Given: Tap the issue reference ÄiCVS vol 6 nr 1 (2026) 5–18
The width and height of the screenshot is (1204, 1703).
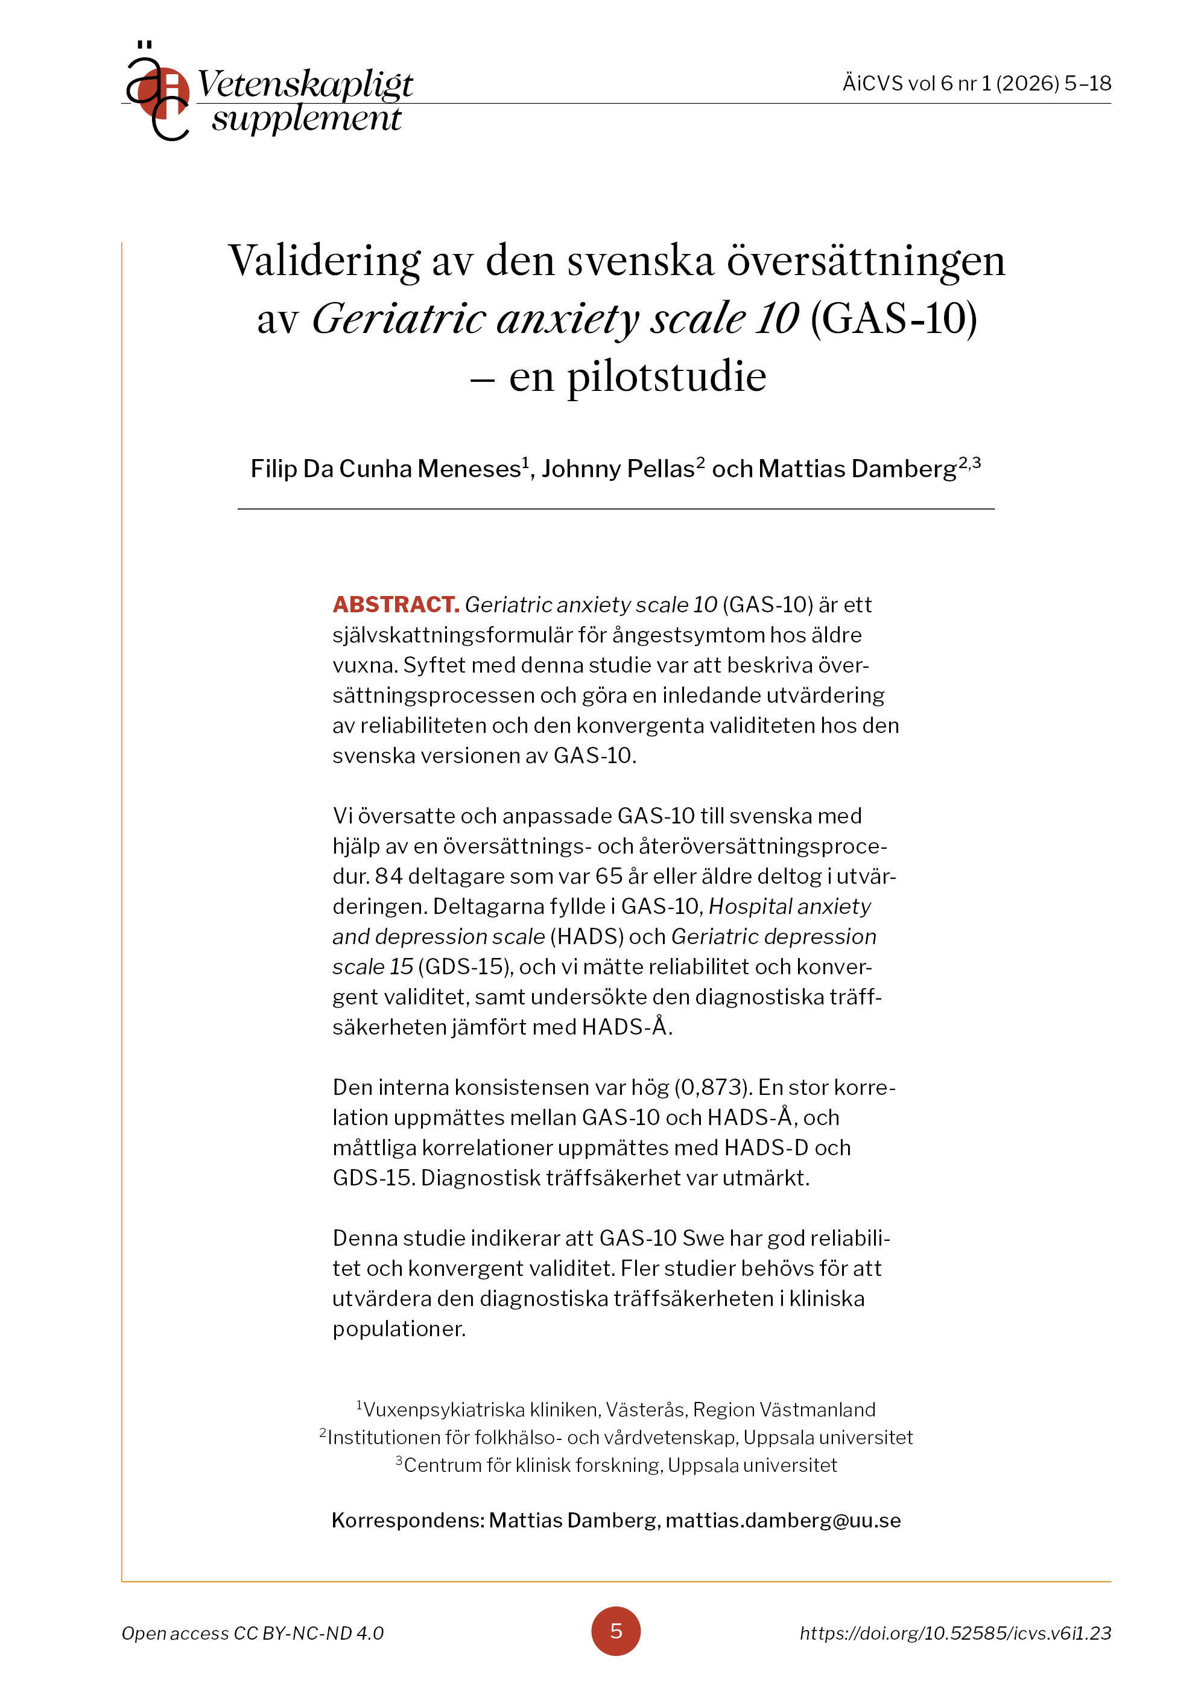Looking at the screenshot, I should [x=976, y=83].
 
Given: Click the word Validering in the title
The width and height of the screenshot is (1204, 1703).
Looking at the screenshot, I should [x=324, y=261].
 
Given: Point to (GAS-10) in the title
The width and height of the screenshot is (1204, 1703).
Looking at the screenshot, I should [x=893, y=319].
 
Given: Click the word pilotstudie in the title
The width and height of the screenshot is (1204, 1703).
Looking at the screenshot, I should [x=666, y=377].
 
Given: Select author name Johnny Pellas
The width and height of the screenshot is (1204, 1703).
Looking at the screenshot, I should [x=617, y=469].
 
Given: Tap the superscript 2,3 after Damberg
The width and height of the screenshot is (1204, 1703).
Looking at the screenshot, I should [x=969, y=463].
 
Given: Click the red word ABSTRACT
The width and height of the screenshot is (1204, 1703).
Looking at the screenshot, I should [x=395, y=604].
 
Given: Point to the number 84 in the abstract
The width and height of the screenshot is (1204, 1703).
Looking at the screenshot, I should [x=388, y=876].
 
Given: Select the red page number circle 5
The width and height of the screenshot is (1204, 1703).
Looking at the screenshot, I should [x=615, y=1631].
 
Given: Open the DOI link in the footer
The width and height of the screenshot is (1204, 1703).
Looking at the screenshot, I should [x=955, y=1632].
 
